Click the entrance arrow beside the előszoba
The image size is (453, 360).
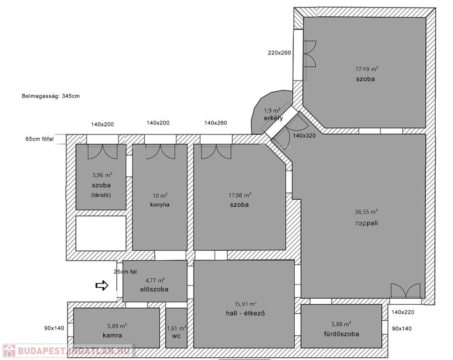(x=102, y=285)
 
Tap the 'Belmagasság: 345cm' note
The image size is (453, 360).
(x=51, y=96)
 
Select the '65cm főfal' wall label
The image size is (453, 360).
(x=39, y=139)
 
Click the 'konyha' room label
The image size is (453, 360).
(x=160, y=205)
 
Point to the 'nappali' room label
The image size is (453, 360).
(x=366, y=223)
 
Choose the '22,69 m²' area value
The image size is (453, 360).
(x=367, y=69)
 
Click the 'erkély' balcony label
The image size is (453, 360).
(x=273, y=118)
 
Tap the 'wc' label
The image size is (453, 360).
(x=176, y=336)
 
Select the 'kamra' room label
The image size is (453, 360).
(x=112, y=336)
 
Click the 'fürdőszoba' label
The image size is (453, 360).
(x=342, y=334)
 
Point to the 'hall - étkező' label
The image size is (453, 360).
(x=245, y=313)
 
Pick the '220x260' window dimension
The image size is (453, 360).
(x=279, y=52)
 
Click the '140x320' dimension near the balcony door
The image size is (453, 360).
(x=304, y=135)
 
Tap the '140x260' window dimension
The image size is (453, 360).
(x=215, y=123)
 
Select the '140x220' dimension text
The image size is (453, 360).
(x=403, y=312)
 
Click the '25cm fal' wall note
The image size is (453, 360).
(x=126, y=272)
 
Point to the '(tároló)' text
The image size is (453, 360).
(x=101, y=195)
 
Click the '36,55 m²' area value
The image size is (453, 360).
(x=366, y=212)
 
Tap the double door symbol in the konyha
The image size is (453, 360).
(x=160, y=151)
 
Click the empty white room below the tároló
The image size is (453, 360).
(x=101, y=233)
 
